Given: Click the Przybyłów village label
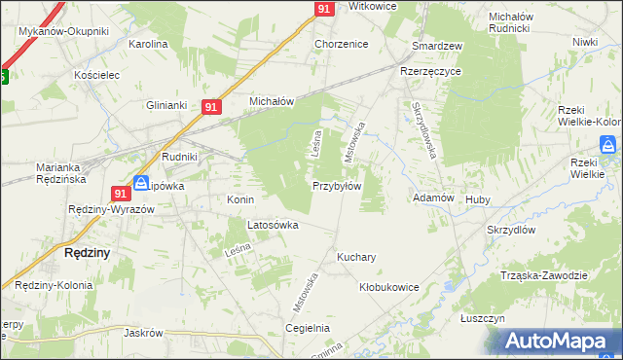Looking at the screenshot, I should pyautogui.click(x=337, y=186).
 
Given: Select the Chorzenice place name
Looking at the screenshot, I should pyautogui.click(x=340, y=44).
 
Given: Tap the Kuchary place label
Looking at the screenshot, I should pyautogui.click(x=356, y=258).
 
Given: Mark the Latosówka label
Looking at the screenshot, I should pyautogui.click(x=273, y=225).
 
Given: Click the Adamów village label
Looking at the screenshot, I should pyautogui.click(x=434, y=198).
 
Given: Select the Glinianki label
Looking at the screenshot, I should pyautogui.click(x=165, y=105).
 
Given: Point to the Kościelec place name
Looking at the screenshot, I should pyautogui.click(x=96, y=74).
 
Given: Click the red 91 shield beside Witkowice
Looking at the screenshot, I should pyautogui.click(x=325, y=9).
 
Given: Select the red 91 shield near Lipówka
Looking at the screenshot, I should pyautogui.click(x=121, y=193).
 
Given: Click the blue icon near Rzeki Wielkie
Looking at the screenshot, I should pyautogui.click(x=607, y=145).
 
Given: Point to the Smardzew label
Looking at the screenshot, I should pyautogui.click(x=437, y=46).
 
